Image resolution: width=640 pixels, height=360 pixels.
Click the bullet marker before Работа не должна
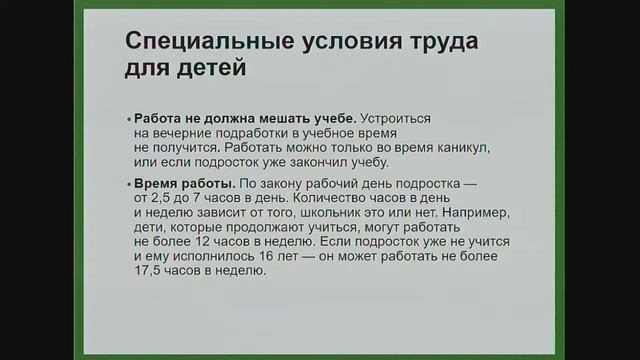click(x=128, y=118)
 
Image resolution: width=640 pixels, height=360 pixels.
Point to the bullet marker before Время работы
click(x=128, y=185)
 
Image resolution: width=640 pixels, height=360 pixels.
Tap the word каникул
click(x=460, y=147)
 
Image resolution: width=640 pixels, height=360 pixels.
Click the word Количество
click(x=314, y=199)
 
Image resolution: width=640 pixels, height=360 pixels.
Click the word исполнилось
click(x=206, y=256)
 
